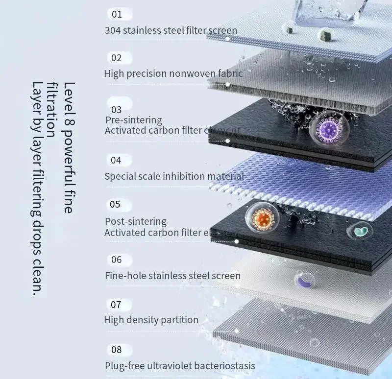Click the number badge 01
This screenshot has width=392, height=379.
117,14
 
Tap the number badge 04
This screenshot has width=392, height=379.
116,160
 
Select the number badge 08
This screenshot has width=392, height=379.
117,350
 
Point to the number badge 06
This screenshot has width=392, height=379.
116,260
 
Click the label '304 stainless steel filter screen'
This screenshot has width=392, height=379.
171,30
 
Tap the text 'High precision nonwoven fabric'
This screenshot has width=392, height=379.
173,73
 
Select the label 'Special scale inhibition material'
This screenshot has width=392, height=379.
174,176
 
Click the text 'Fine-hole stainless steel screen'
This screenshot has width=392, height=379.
172,276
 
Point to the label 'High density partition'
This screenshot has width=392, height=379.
151,320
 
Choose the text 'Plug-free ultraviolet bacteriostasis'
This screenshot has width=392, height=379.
180,366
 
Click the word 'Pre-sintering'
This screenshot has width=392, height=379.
133,120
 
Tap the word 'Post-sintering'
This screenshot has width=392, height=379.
136,221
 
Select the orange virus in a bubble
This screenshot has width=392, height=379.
262,217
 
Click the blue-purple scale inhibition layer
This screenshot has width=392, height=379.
314,186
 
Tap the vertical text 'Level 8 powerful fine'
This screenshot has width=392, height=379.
69,147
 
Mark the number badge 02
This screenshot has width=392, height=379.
116,58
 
